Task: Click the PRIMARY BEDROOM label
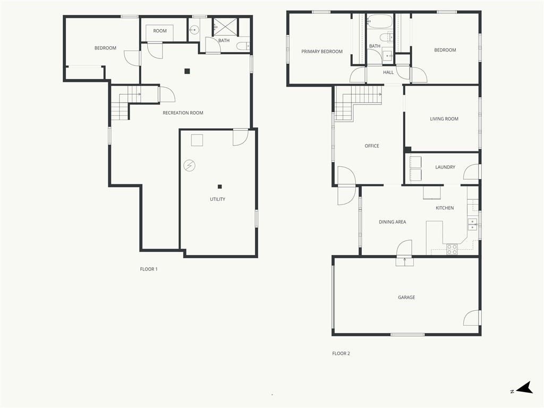321,52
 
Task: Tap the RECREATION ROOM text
183,113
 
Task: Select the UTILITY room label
217,199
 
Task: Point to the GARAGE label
406,297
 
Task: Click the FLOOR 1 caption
149,269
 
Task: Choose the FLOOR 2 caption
341,353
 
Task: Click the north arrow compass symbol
524,387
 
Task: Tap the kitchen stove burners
452,250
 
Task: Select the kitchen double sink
472,225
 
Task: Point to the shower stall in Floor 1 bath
225,26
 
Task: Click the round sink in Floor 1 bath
194,30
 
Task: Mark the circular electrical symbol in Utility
190,166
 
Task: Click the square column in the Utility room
219,186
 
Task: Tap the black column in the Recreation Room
188,72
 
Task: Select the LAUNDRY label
445,167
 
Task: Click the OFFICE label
372,146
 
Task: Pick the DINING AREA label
393,222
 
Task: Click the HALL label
388,72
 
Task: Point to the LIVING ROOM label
444,119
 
